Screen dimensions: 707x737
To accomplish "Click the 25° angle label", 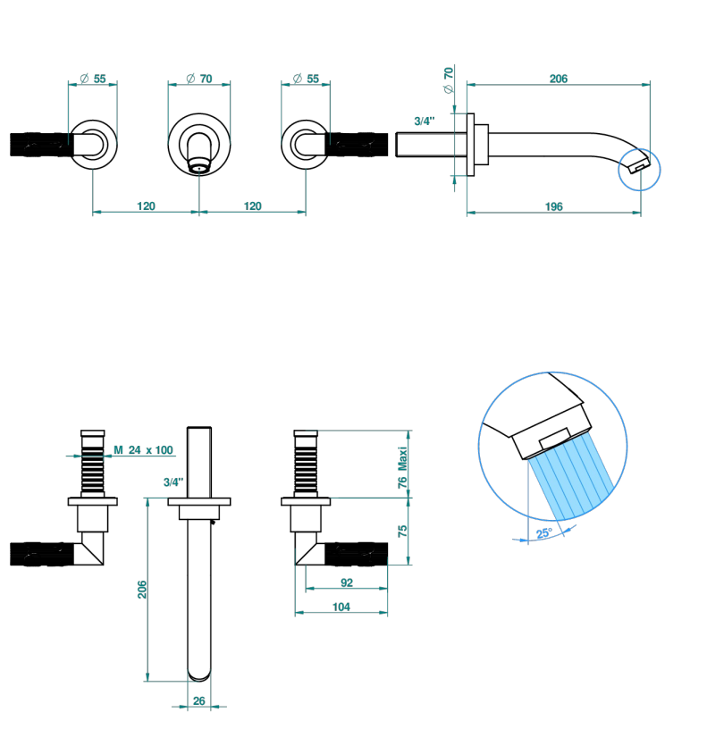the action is [544, 533].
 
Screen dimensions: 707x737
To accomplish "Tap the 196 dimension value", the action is [553, 207].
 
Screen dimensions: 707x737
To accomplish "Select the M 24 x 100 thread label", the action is [144, 450].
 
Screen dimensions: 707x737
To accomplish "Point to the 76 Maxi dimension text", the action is [402, 467].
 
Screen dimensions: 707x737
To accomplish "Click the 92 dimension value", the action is [347, 582].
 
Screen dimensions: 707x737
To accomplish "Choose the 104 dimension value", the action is [341, 607].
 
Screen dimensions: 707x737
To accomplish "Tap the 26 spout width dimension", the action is [199, 700].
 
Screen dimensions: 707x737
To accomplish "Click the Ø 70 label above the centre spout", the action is [199, 79].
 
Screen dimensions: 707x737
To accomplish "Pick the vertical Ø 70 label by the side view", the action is [449, 80].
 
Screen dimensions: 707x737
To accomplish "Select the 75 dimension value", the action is [402, 532].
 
